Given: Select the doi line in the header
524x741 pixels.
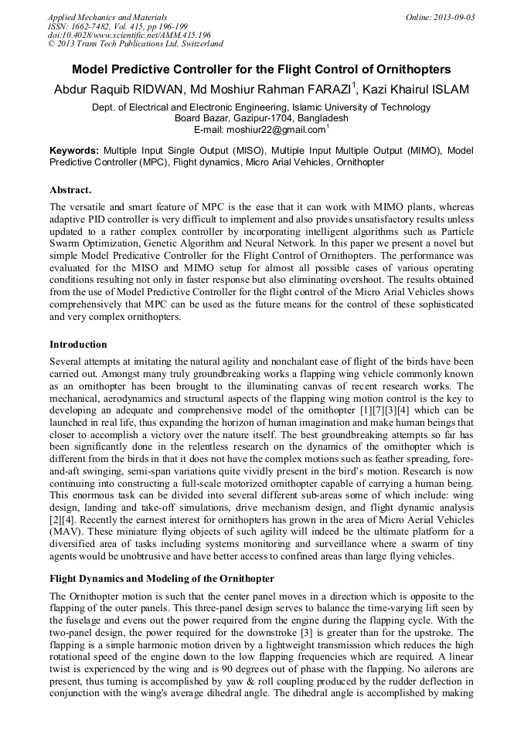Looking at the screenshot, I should (129, 34).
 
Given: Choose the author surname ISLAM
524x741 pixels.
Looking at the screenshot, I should (450, 90).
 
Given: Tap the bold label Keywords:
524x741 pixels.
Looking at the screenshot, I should (74, 150).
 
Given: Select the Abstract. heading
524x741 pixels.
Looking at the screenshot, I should (70, 189).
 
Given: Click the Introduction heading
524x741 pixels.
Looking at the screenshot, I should (78, 344).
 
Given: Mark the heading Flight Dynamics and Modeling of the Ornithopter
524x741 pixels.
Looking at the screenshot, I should (162, 578).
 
